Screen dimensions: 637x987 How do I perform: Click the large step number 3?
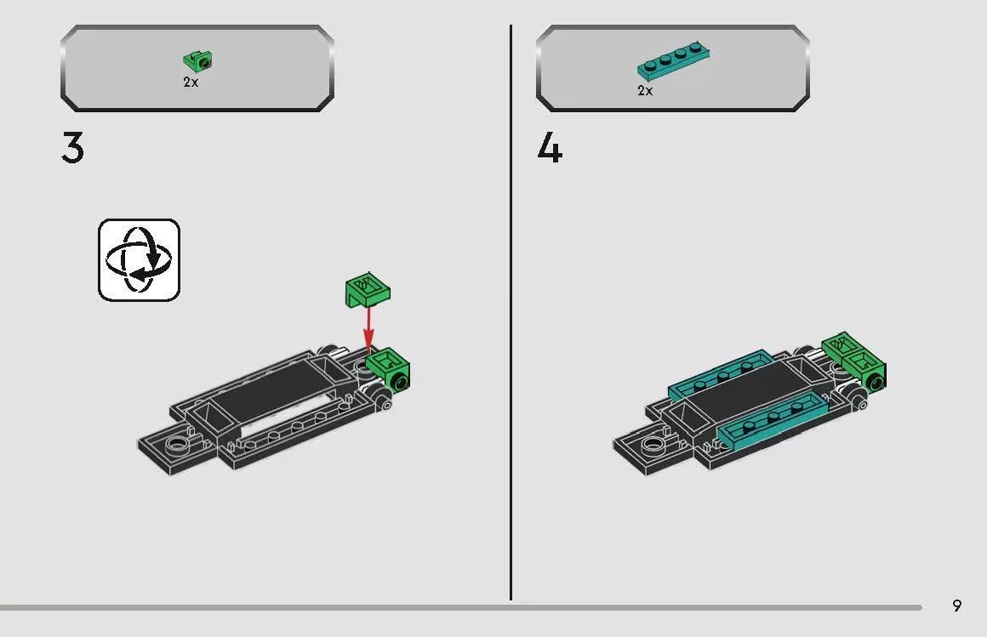click(x=73, y=149)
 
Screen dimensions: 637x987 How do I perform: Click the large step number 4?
click(x=550, y=150)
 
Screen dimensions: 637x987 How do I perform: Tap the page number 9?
click(x=957, y=606)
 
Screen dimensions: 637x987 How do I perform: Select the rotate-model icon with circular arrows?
click(x=139, y=259)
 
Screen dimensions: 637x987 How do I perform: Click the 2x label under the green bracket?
click(x=191, y=82)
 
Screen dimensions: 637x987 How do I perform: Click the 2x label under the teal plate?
click(x=645, y=90)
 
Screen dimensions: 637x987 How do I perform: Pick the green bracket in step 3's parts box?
click(x=198, y=61)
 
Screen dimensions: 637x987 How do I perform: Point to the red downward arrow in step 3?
click(x=368, y=327)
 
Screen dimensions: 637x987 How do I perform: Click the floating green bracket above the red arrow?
click(x=367, y=291)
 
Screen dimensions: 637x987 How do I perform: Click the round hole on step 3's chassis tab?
click(x=177, y=443)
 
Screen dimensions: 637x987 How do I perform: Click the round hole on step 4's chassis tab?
click(x=653, y=443)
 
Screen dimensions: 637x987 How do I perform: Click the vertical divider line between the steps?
click(x=511, y=315)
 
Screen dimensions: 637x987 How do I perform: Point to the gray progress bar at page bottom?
click(x=459, y=607)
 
